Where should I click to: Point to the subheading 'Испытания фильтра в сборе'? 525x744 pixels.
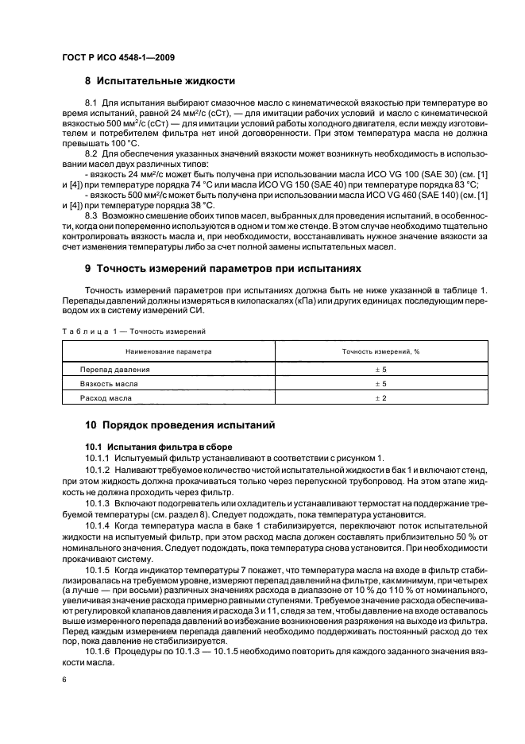tap(159, 446)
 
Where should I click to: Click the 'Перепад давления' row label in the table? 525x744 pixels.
tap(115, 370)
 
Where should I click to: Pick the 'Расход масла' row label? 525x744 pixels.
tap(106, 397)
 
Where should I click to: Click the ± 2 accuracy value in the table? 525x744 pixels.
tap(380, 397)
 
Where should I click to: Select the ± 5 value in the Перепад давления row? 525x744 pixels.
tap(380, 370)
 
